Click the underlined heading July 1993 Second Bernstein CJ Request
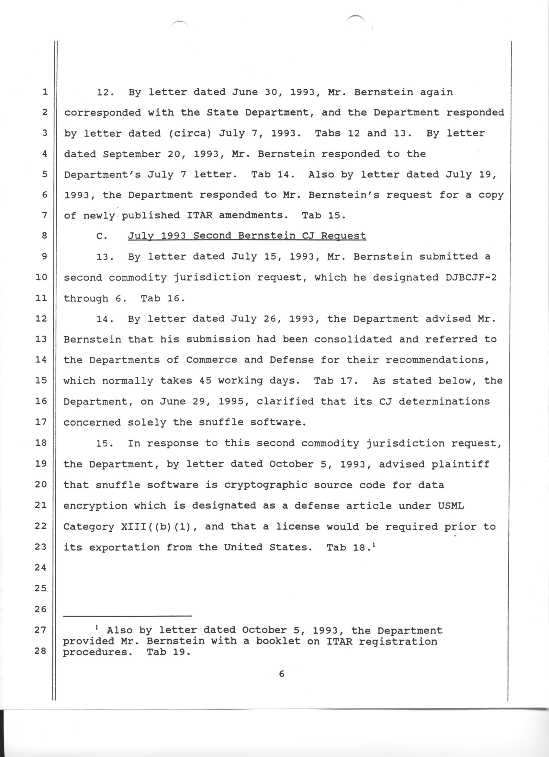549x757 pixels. (247, 236)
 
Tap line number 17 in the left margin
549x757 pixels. (41, 422)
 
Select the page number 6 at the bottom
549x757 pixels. (281, 674)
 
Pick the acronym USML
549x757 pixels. (451, 506)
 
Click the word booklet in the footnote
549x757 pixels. (272, 641)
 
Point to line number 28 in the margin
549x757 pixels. (41, 651)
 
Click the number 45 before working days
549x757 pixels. (205, 381)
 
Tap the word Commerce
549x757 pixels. (212, 360)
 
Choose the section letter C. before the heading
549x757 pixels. (101, 236)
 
